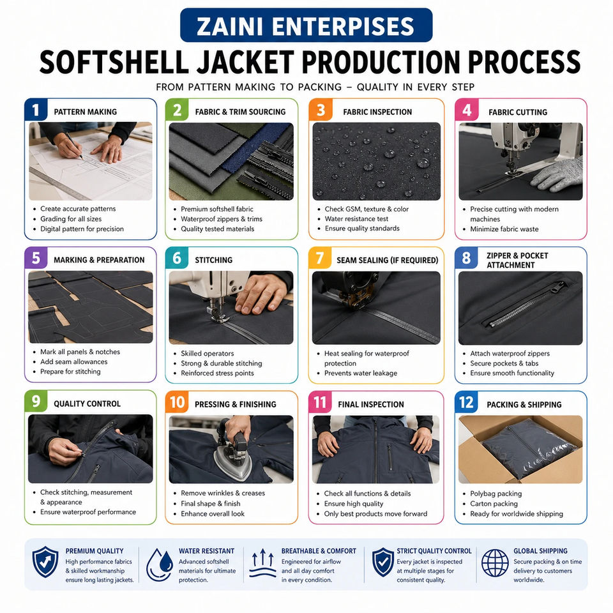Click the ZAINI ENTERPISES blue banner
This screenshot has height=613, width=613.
pyautogui.click(x=306, y=25)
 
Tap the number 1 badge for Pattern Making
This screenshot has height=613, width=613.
pyautogui.click(x=36, y=110)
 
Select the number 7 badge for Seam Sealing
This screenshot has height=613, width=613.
pyautogui.click(x=320, y=258)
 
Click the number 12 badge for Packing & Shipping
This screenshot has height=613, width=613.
pyautogui.click(x=466, y=402)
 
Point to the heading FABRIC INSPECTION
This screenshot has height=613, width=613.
pyautogui.click(x=377, y=112)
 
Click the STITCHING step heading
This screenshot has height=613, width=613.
pyautogui.click(x=213, y=260)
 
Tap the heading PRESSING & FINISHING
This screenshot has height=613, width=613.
pyautogui.click(x=236, y=404)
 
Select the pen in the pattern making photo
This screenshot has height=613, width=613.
pyautogui.click(x=74, y=146)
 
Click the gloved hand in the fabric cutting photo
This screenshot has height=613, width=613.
pyautogui.click(x=557, y=175)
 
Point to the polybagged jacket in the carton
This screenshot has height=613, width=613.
pyautogui.click(x=529, y=448)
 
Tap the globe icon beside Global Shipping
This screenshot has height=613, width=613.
pyautogui.click(x=495, y=563)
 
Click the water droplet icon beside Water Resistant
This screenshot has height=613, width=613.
pyautogui.click(x=160, y=564)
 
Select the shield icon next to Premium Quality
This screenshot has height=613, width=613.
pyautogui.click(x=45, y=562)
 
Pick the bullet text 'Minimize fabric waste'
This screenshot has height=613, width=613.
pyautogui.click(x=504, y=229)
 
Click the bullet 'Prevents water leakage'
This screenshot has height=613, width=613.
pyautogui.click(x=360, y=374)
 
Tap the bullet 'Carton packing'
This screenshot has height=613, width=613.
pyautogui.click(x=494, y=504)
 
